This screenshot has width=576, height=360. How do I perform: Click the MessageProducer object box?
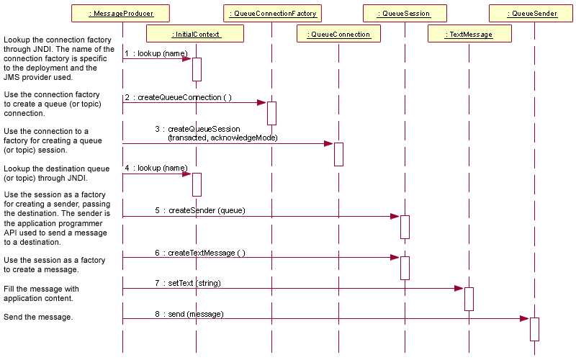pyautogui.click(x=122, y=14)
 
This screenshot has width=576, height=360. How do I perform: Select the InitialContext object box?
pyautogui.click(x=195, y=34)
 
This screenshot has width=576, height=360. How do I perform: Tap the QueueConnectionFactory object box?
pyautogui.click(x=272, y=14)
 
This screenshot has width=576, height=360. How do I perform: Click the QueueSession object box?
pyautogui.click(x=405, y=14)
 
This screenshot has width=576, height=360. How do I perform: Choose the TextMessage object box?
pyautogui.click(x=469, y=34)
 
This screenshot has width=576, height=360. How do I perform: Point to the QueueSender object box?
pyautogui.click(x=534, y=14)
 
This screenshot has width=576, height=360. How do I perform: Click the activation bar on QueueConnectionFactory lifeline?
pyautogui.click(x=271, y=113)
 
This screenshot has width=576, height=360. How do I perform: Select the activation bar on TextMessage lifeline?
pyautogui.click(x=469, y=299)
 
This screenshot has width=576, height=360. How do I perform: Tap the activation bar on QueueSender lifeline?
pyautogui.click(x=534, y=329)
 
